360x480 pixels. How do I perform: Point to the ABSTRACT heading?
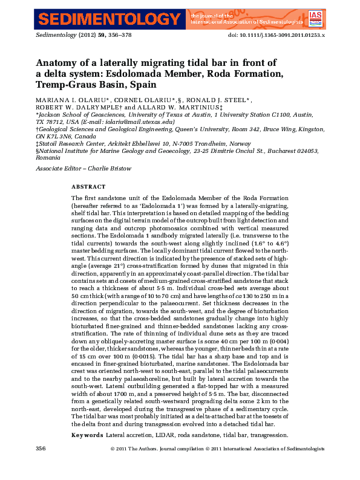88,187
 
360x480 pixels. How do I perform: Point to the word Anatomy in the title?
57,63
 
